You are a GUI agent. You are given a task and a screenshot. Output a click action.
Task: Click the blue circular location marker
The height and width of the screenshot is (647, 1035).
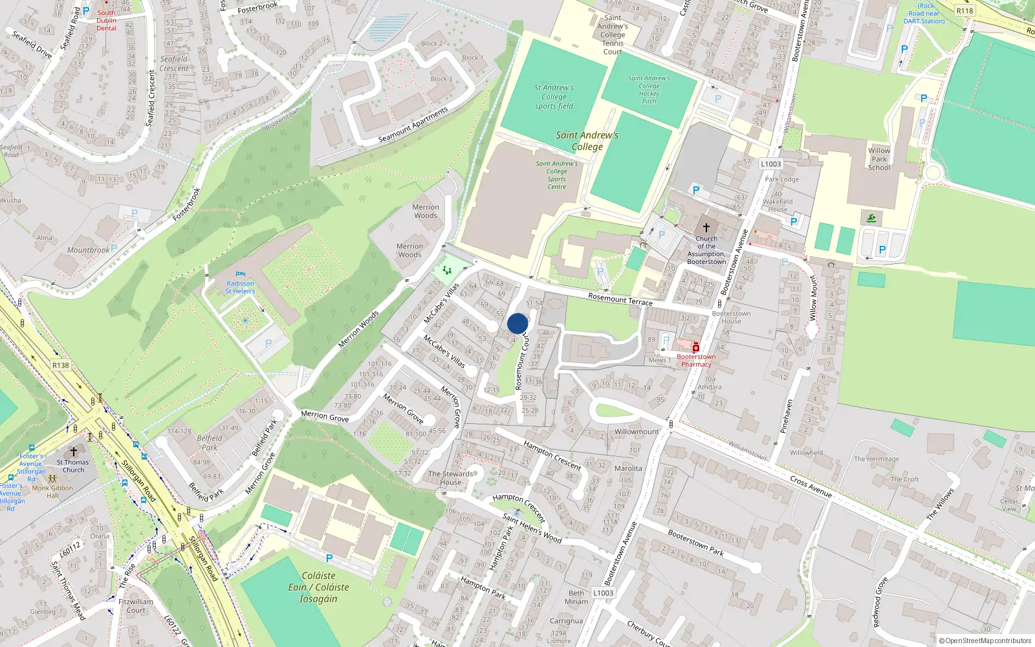tap(517, 323)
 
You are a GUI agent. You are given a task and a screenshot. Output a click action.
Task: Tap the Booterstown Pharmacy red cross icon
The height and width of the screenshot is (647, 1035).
tap(696, 347)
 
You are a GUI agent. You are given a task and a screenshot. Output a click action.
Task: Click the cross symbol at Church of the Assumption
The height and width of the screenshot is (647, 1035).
tap(706, 228)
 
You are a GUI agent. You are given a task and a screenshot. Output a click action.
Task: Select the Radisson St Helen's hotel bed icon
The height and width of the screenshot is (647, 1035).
tap(241, 274)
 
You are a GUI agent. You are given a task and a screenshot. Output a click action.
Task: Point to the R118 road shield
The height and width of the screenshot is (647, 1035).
tap(964, 10)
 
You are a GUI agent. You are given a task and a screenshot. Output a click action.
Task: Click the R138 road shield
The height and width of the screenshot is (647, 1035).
tap(60, 366)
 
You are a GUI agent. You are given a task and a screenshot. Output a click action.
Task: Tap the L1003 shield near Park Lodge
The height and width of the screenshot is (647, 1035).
tap(770, 164)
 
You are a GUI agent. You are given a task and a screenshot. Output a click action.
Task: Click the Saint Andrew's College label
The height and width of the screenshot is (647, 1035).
tap(587, 141)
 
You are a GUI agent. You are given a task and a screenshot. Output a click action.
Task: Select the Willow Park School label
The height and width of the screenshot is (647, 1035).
tap(879, 159)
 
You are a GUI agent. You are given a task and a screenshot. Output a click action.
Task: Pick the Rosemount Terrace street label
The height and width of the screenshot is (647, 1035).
tap(620, 299)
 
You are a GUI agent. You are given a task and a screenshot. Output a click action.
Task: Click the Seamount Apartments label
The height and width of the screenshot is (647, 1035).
tap(413, 125)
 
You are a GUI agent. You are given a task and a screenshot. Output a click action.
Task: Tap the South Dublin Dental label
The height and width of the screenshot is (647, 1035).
tap(107, 20)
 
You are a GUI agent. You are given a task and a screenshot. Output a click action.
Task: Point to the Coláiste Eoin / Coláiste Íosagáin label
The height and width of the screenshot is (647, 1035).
tap(318, 587)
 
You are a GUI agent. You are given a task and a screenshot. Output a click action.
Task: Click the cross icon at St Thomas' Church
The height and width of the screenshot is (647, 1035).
tap(73, 452)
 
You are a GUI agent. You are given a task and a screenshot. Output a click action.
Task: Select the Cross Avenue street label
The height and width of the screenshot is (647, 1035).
tap(811, 487)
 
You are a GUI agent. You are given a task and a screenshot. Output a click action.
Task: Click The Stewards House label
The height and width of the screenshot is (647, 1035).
tap(451, 478)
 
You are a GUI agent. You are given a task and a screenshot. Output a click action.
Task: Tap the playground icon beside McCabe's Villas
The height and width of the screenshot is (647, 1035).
tap(446, 270)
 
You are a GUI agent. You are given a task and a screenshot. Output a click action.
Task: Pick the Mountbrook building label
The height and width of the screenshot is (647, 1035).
tap(89, 250)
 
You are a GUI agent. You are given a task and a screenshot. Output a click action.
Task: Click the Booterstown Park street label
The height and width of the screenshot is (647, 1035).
tap(695, 543)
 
